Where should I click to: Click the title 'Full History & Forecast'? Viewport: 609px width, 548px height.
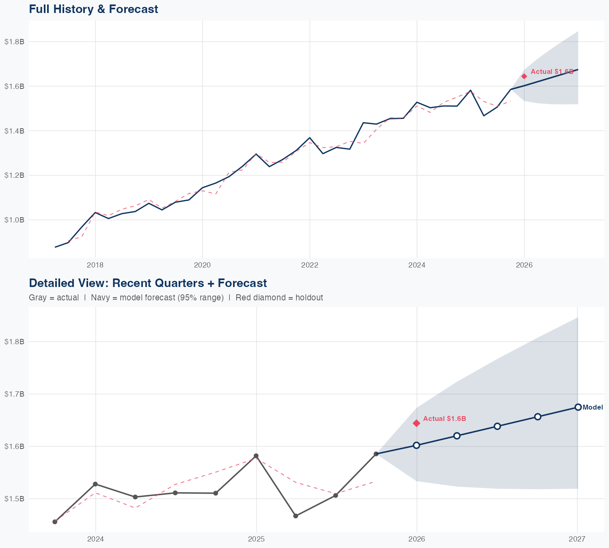pyautogui.click(x=93, y=9)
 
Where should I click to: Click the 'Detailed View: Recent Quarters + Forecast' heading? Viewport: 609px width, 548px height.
pyautogui.click(x=148, y=283)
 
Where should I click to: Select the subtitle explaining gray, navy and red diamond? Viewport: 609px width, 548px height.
pyautogui.click(x=176, y=298)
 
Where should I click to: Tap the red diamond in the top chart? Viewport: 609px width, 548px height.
pyautogui.click(x=524, y=76)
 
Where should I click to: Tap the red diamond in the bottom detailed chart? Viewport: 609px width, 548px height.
pyautogui.click(x=416, y=423)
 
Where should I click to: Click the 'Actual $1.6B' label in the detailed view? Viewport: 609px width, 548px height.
pyautogui.click(x=444, y=419)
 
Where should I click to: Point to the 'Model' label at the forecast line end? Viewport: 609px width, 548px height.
pyautogui.click(x=592, y=408)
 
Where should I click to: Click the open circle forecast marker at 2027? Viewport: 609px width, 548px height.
pyautogui.click(x=578, y=407)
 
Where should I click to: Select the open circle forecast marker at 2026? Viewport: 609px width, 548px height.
pyautogui.click(x=416, y=445)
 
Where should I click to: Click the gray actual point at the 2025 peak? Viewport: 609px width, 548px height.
pyautogui.click(x=256, y=456)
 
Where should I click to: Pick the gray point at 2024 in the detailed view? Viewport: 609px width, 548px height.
pyautogui.click(x=95, y=484)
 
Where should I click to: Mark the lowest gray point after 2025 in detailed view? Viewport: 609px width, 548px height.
pyautogui.click(x=296, y=516)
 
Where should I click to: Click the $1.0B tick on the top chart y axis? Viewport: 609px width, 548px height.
pyautogui.click(x=14, y=220)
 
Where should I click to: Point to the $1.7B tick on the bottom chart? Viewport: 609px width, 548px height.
pyautogui.click(x=14, y=394)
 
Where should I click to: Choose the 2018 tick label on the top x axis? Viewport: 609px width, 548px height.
pyautogui.click(x=95, y=265)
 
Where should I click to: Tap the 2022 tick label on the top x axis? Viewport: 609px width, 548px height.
pyautogui.click(x=309, y=265)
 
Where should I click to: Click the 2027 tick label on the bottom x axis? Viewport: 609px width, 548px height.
pyautogui.click(x=577, y=539)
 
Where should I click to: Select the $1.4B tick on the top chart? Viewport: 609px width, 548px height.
pyautogui.click(x=14, y=131)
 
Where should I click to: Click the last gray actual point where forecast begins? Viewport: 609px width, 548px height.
pyautogui.click(x=376, y=454)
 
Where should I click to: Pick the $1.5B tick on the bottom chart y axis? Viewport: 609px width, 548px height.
pyautogui.click(x=14, y=499)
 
